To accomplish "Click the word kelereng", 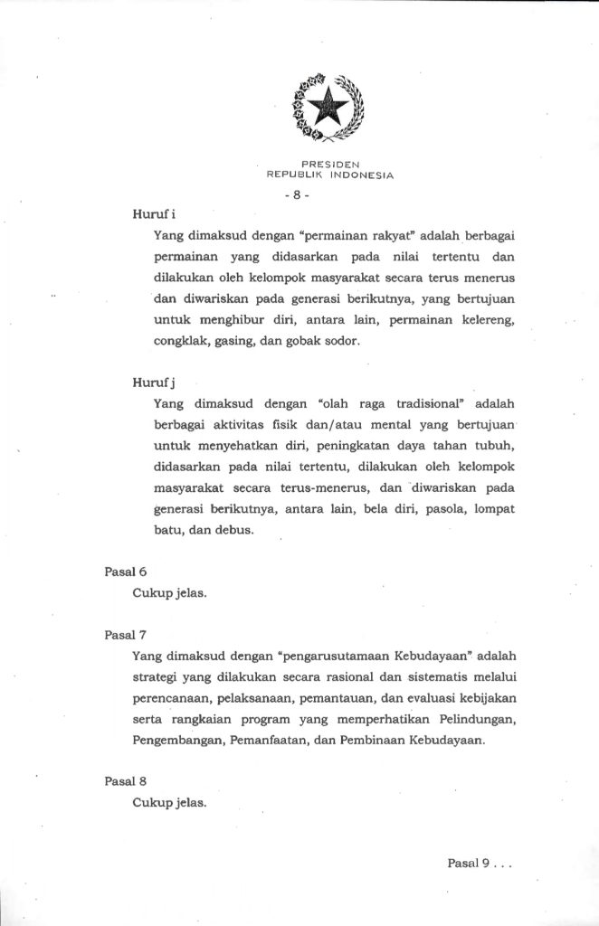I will (488, 319).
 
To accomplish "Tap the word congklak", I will (179, 341).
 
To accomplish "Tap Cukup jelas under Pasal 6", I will (170, 594).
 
